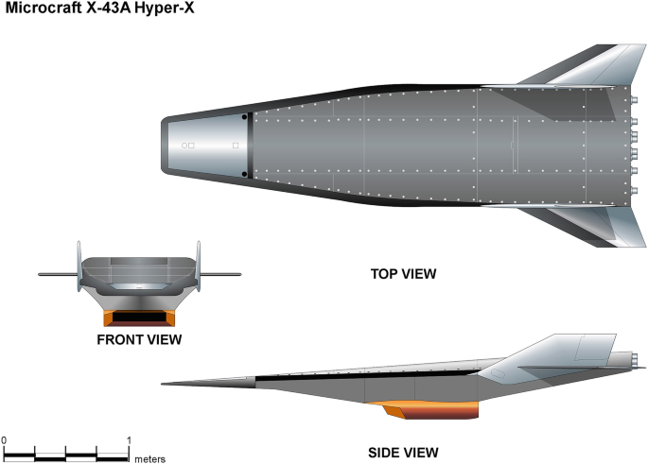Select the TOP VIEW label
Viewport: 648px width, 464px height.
point(403,275)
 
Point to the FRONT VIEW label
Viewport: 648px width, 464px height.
point(138,338)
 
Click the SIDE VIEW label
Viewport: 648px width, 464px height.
point(402,452)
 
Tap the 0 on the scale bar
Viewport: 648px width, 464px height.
point(4,440)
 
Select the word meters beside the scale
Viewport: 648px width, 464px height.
point(149,458)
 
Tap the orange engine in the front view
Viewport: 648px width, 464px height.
point(139,318)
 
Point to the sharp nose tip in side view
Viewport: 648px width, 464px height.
point(164,384)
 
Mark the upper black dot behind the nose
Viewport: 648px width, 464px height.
point(245,118)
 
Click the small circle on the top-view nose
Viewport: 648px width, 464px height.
point(184,146)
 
